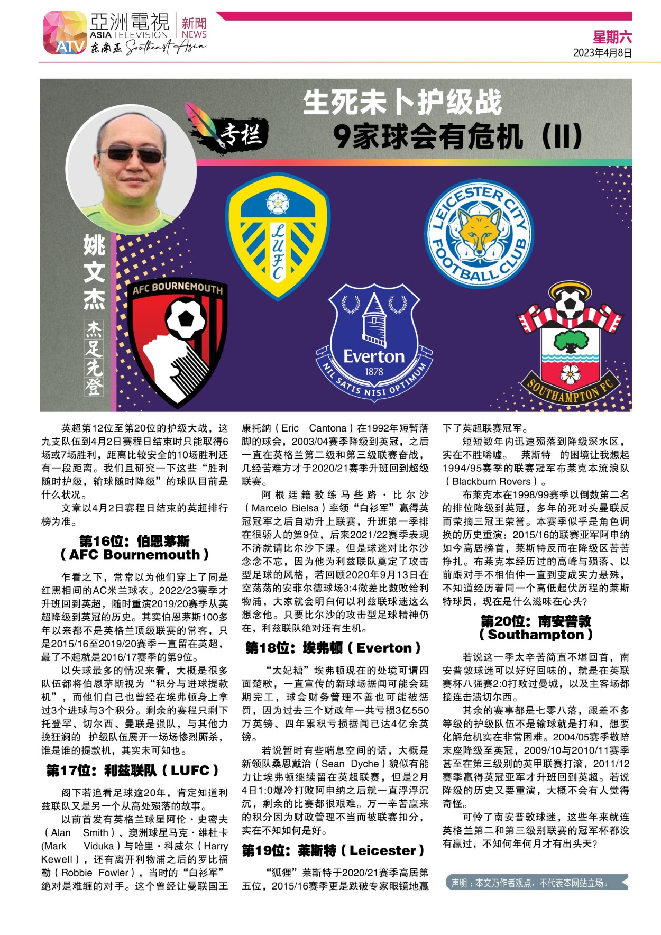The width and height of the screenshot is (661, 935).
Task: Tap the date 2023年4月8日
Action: (x=602, y=53)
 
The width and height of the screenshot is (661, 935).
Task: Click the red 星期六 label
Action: (x=612, y=37)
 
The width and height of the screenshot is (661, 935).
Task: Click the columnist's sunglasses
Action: (x=131, y=154)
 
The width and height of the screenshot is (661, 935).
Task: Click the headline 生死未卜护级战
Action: (x=402, y=103)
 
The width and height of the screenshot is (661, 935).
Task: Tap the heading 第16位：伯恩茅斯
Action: (x=134, y=541)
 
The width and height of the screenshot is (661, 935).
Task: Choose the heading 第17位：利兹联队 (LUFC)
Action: (x=132, y=771)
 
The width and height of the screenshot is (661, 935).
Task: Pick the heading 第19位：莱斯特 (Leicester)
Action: (x=333, y=850)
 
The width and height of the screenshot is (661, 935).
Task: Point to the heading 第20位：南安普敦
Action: (x=535, y=621)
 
